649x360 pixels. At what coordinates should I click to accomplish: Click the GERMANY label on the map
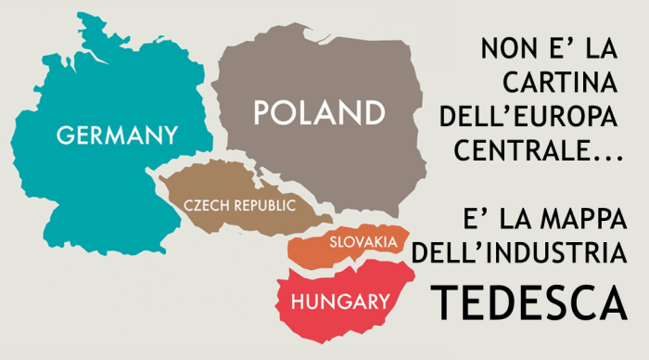(x=117, y=135)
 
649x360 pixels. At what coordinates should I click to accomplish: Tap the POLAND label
(x=319, y=113)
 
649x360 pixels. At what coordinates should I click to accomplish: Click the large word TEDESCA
(x=526, y=300)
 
